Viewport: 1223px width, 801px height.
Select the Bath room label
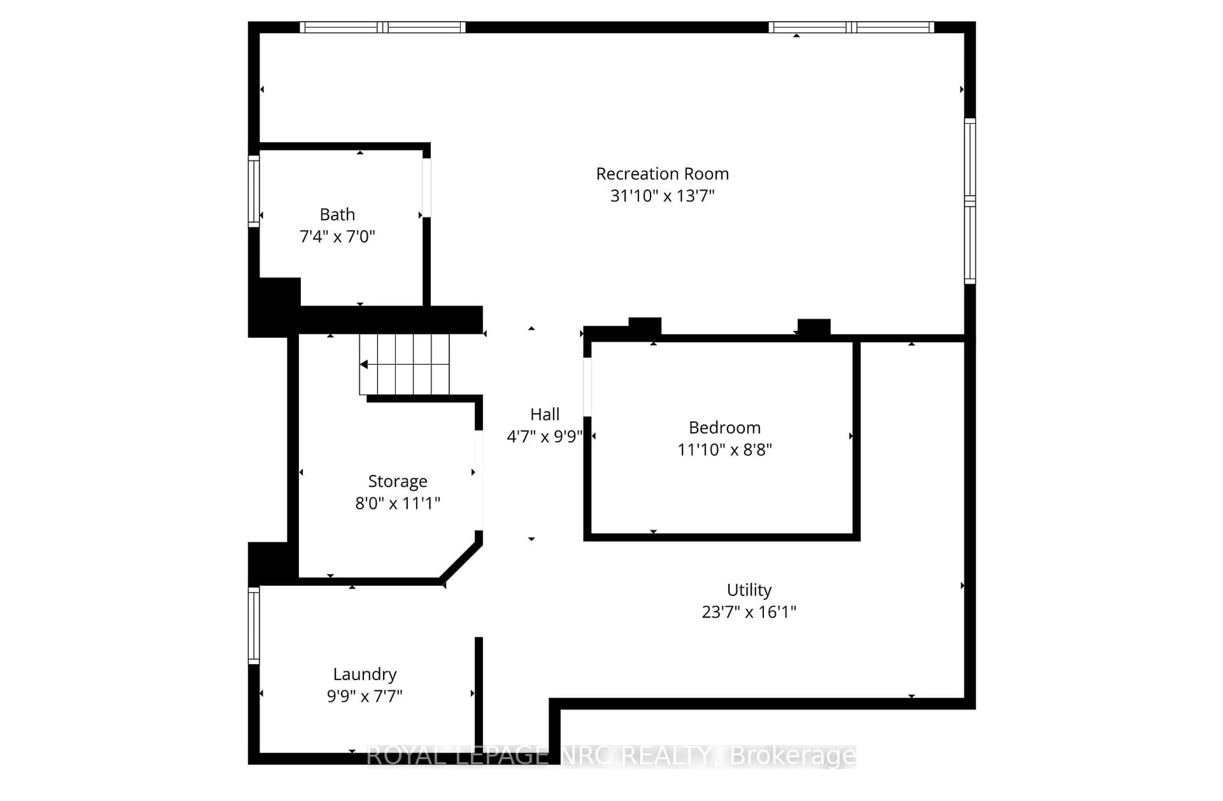[337, 214]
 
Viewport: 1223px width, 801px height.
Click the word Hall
[545, 415]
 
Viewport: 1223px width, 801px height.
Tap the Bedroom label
[725, 428]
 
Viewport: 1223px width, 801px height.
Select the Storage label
[397, 481]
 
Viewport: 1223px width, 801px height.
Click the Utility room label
[749, 590]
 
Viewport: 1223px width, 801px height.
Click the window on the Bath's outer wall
[253, 191]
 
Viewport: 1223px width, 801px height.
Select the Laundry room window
[253, 626]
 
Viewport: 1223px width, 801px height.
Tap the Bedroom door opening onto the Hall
[587, 386]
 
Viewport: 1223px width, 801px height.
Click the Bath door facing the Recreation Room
[426, 188]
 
